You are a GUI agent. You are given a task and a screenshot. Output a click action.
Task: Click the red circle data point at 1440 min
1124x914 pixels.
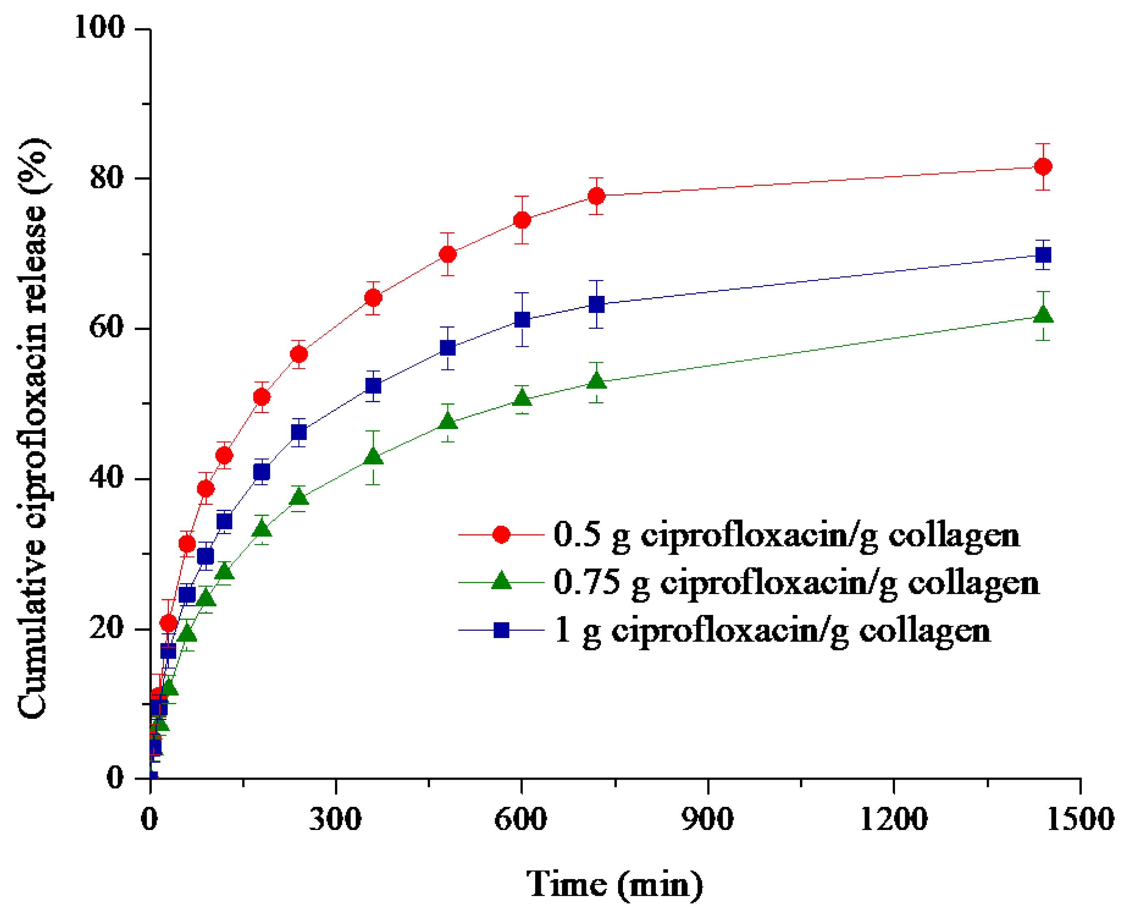pyautogui.click(x=1043, y=166)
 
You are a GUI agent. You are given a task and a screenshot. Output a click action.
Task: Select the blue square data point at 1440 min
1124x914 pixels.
pyautogui.click(x=1043, y=255)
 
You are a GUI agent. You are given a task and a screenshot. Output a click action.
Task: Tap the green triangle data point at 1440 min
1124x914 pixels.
pyautogui.click(x=1043, y=315)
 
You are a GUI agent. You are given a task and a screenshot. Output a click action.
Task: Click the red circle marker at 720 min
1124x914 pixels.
pyautogui.click(x=596, y=196)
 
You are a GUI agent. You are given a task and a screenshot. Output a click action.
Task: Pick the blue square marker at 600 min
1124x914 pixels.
pyautogui.click(x=522, y=319)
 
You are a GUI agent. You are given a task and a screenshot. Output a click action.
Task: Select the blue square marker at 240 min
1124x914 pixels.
pyautogui.click(x=298, y=432)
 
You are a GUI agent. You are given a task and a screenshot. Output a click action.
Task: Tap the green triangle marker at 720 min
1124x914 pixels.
pyautogui.click(x=596, y=381)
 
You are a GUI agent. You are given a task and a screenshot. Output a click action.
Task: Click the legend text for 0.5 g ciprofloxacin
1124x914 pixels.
pyautogui.click(x=787, y=535)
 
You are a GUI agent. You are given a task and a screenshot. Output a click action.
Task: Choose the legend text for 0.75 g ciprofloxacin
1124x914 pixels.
pyautogui.click(x=796, y=583)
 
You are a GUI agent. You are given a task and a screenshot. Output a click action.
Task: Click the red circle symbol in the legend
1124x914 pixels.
pyautogui.click(x=501, y=535)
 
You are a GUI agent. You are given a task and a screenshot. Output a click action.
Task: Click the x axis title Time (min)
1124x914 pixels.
pyautogui.click(x=615, y=884)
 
